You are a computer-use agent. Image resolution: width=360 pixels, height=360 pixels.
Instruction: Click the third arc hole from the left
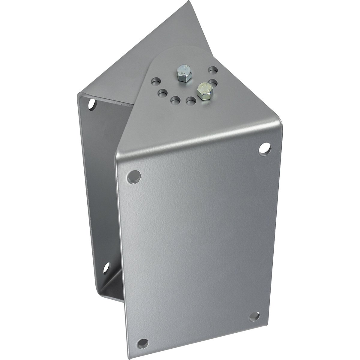pos(175,100)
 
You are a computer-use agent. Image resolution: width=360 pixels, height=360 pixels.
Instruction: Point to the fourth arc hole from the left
pos(189,101)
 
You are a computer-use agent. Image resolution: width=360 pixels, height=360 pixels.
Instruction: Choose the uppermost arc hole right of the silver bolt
pos(212,70)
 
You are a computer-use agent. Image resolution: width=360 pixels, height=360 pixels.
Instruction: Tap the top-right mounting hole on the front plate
pos(264,148)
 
